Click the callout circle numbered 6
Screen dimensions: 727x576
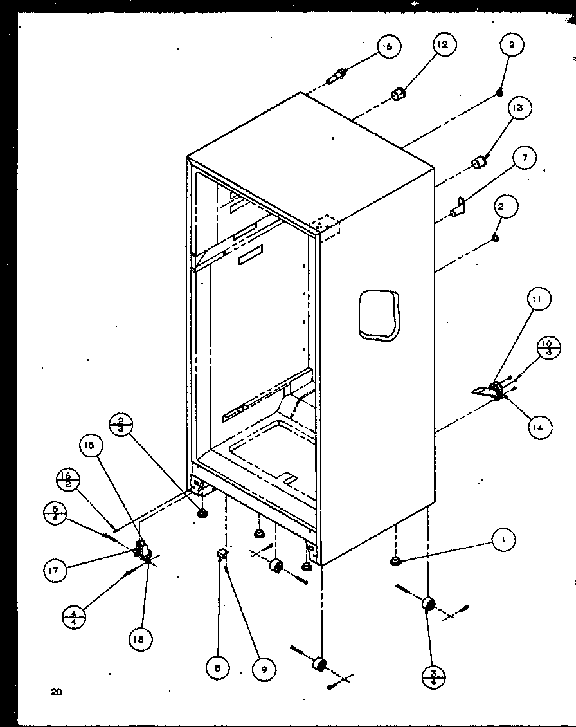point(389,46)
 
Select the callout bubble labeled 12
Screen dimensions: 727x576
point(444,44)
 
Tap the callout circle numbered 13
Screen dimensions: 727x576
point(517,108)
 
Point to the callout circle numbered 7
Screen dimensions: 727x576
point(525,156)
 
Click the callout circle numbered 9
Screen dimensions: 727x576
point(262,668)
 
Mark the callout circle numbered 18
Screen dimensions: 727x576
point(139,638)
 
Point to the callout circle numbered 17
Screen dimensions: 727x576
point(57,570)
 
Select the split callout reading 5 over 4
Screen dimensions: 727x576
point(54,513)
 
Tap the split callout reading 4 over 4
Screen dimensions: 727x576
point(75,620)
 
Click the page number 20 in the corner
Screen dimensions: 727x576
point(56,693)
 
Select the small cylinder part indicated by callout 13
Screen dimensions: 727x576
point(478,163)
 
